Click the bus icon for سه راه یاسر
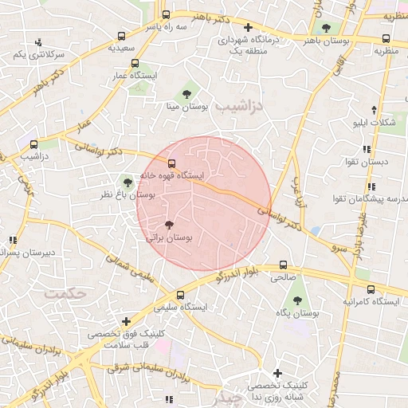pos(166,14)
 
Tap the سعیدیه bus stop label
pos(121,48)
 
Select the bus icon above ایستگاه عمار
pos(135,63)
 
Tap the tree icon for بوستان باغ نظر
pos(127,182)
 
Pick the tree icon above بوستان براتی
pos(168,226)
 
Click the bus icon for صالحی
pos(283,265)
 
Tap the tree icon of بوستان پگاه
pos(297,300)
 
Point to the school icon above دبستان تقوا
pos(366,149)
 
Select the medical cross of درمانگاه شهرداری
pos(248,26)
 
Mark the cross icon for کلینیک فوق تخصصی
pos(126,321)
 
